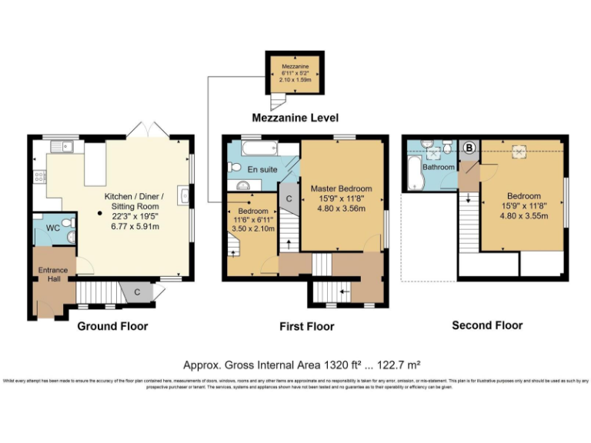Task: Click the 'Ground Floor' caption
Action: [x=112, y=326]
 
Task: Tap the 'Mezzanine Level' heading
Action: [x=295, y=118]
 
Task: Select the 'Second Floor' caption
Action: [x=487, y=325]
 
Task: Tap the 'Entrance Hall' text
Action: [x=53, y=274]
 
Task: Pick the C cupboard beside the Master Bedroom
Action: [x=288, y=198]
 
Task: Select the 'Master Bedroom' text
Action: [x=341, y=188]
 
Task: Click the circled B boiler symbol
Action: [x=470, y=146]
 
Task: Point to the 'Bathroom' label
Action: [x=438, y=167]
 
